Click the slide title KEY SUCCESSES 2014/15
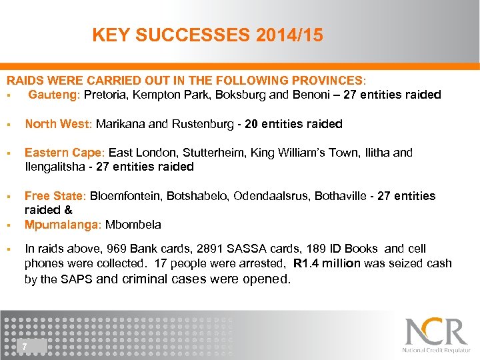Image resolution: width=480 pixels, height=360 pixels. click(207, 35)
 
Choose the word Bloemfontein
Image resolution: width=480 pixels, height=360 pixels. click(126, 196)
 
